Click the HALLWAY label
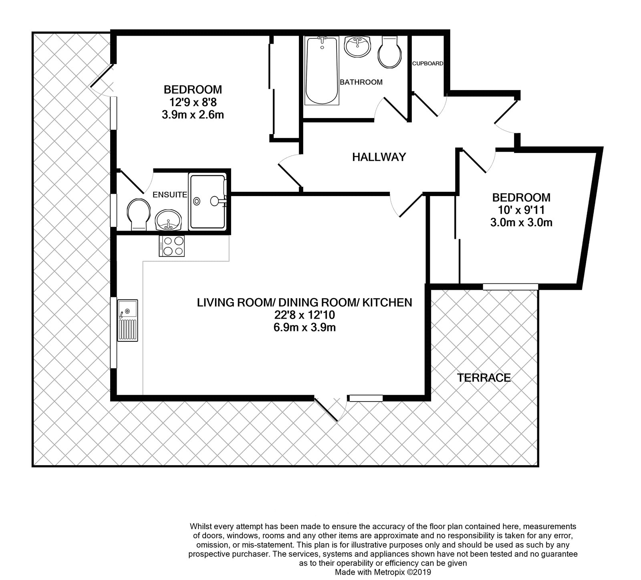coord(379,157)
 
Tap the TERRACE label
coord(484,377)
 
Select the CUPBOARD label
coord(428,63)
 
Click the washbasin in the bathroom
coord(358,47)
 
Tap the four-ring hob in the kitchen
coord(172,246)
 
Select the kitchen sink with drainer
coord(127,320)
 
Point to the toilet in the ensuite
coord(139,215)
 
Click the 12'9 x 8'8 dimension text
coord(192,102)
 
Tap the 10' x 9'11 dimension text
coord(521,210)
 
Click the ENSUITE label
coord(170,195)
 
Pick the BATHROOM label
coord(361,82)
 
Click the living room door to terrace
coord(330,408)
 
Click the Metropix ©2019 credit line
coord(383,572)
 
